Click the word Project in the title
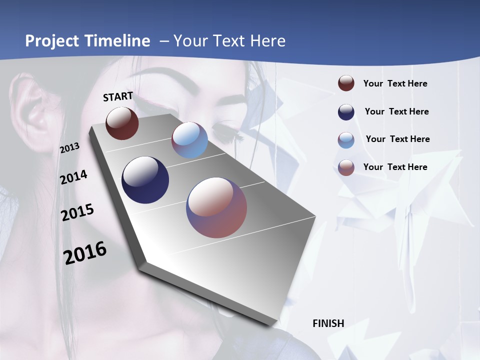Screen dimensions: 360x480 52,41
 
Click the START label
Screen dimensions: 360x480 118,96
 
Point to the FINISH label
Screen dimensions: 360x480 328,323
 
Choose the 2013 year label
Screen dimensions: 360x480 70,147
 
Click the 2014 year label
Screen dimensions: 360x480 74,177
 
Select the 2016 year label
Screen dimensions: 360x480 85,253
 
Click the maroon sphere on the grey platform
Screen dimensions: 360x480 122,123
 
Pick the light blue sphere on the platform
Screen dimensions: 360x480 189,140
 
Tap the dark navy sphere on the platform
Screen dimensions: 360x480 145,180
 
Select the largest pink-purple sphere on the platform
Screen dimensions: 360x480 216,207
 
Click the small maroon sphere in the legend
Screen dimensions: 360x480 346,83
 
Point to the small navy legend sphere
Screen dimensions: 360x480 346,112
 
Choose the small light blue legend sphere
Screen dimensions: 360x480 346,140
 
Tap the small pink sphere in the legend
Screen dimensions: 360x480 346,167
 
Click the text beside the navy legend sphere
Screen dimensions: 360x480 396,111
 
